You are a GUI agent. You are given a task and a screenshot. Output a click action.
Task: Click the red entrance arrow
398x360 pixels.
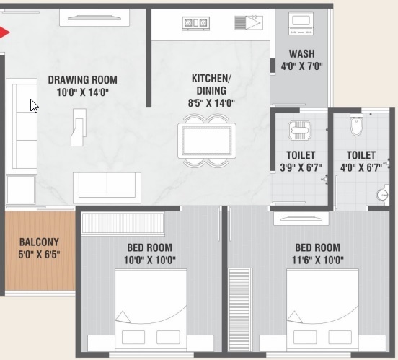(x=4, y=32)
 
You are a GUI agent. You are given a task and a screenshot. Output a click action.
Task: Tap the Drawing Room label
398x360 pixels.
(x=82, y=80)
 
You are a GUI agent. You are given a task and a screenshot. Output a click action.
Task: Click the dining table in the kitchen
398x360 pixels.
(x=208, y=140)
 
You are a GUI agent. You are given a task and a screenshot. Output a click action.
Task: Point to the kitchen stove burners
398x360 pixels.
(x=196, y=23)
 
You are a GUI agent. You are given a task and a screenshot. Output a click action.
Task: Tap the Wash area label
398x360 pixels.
(x=301, y=54)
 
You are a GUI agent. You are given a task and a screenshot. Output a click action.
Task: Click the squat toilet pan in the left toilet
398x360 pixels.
(x=299, y=130)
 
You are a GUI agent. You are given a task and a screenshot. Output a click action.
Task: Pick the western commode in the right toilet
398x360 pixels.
(x=355, y=126)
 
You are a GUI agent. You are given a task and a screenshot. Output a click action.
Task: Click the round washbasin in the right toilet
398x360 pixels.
(x=383, y=194)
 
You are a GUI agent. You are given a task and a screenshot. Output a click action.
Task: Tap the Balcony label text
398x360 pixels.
(x=39, y=242)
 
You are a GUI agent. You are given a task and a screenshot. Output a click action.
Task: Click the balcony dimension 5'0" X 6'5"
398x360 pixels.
(x=39, y=255)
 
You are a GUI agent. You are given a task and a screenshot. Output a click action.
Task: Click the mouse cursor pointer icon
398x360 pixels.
(x=34, y=105)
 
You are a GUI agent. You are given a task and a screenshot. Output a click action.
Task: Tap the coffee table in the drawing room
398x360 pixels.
(x=78, y=126)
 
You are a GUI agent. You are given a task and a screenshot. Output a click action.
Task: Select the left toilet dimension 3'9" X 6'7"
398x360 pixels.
(x=300, y=168)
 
